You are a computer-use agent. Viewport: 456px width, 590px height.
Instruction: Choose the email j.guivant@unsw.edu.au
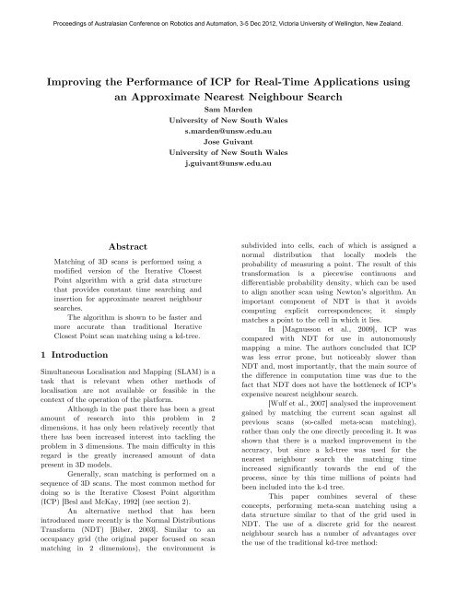(228, 161)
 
